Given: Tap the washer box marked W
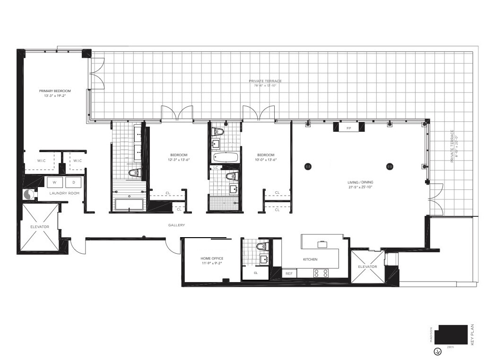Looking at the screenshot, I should pos(54,182).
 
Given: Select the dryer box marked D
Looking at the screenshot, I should pos(73,182).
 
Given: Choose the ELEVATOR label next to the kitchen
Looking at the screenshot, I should pos(367,267).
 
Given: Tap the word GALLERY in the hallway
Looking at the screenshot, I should pos(176,225).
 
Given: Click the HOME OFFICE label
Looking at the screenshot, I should pos(211,258).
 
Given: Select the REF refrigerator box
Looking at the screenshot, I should pos(288,274).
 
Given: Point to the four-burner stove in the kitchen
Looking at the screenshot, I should pos(321,273).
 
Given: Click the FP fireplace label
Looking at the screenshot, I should pos(349,128).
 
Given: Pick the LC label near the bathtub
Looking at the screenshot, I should pos(216,168).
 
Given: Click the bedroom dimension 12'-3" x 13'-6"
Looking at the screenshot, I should pos(179,160).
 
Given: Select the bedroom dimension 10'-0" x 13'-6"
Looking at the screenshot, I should pos(266,160).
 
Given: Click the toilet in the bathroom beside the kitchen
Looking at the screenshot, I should pos(261,246).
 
